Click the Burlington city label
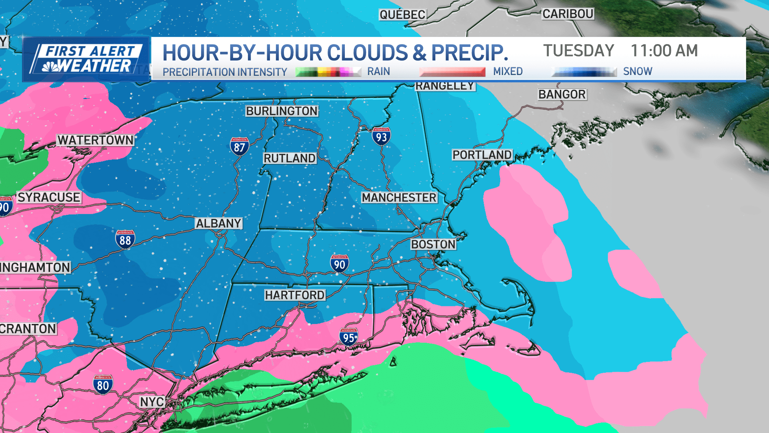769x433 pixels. click(x=282, y=111)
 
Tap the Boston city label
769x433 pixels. click(x=433, y=244)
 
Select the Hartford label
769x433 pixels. click(x=295, y=295)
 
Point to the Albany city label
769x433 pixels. click(x=218, y=223)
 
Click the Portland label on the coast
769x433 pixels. click(x=482, y=155)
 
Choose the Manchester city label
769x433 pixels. click(x=399, y=198)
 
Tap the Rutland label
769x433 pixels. click(x=289, y=158)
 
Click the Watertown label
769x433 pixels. click(x=95, y=140)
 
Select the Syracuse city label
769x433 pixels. click(x=49, y=197)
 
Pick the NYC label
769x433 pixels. click(x=152, y=402)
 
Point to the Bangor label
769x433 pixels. click(x=562, y=94)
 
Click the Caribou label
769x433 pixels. click(x=568, y=14)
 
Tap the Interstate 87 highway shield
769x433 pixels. click(x=240, y=147)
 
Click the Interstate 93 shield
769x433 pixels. click(x=381, y=137)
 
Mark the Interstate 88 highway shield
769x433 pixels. click(x=125, y=240)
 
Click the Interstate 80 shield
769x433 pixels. click(x=103, y=385)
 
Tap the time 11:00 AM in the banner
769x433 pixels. click(x=664, y=51)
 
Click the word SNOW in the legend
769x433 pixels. click(x=638, y=71)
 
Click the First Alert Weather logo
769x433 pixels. click(x=86, y=59)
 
